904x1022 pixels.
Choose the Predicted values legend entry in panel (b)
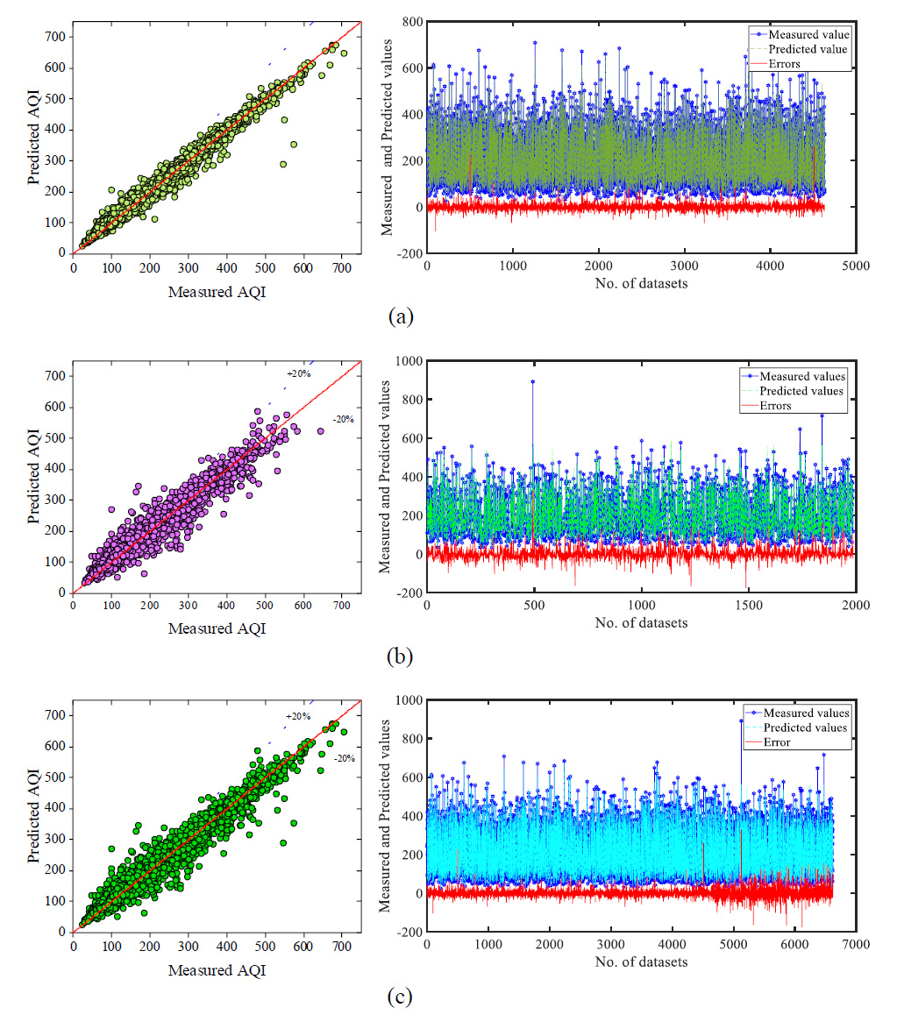coord(801,391)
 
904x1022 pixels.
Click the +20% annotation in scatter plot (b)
coord(298,374)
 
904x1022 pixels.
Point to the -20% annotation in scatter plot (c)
coord(319,758)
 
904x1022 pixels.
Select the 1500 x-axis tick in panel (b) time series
coord(748,606)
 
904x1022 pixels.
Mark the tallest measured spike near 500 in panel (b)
coord(532,381)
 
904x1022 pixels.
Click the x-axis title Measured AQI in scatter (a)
coord(216,292)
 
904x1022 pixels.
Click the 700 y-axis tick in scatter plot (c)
coord(55,715)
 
